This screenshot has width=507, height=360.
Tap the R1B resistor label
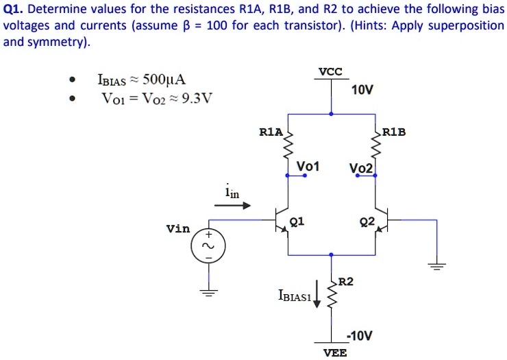[x=394, y=130]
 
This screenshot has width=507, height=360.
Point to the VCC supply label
[x=331, y=71]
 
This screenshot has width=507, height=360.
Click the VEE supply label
[x=335, y=352]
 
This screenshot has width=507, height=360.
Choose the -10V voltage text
[x=360, y=335]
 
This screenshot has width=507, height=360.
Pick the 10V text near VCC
[x=362, y=91]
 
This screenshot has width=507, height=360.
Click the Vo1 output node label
[x=308, y=166]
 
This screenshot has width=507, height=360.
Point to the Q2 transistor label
[x=367, y=221]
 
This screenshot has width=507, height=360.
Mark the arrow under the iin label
[x=237, y=205]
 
